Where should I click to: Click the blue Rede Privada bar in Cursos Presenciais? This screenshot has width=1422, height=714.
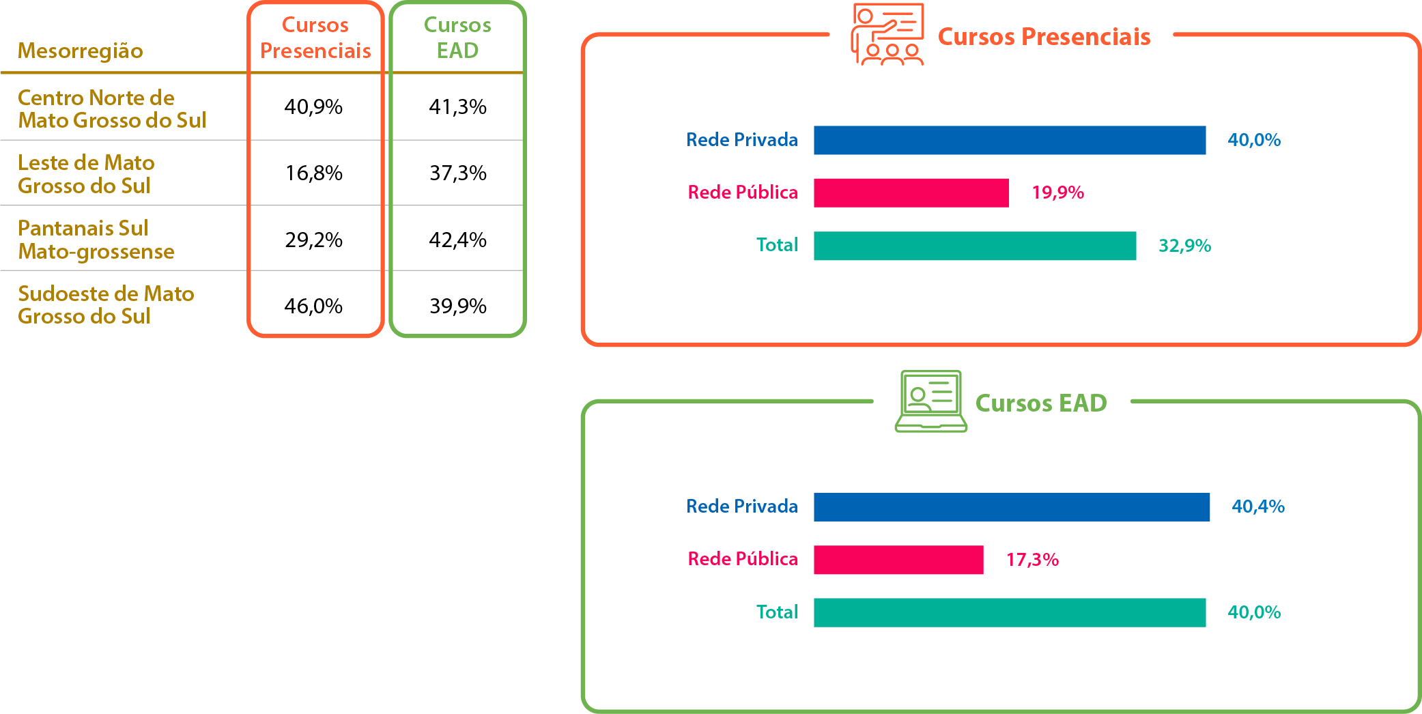[x=1009, y=140]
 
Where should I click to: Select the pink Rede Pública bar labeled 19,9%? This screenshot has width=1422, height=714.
[x=911, y=192]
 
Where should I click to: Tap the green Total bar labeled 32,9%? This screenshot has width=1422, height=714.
[x=974, y=246]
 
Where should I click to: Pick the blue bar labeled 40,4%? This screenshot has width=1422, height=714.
[x=1011, y=507]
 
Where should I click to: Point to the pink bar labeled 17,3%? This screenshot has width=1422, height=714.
[x=898, y=560]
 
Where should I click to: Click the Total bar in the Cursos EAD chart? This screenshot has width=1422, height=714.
[x=1009, y=612]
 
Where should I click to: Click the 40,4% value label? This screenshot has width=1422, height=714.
[x=1257, y=506]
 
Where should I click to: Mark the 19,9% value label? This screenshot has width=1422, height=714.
[x=1057, y=192]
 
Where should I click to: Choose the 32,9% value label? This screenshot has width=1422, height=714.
[x=1184, y=246]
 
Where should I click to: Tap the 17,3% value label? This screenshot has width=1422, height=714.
[x=1032, y=560]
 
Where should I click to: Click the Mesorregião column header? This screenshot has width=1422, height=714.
[x=80, y=51]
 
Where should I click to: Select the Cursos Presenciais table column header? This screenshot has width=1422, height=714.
[x=315, y=38]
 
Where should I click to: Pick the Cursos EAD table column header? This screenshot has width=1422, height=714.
[x=457, y=38]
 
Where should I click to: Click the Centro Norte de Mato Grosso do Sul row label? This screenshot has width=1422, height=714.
[x=112, y=109]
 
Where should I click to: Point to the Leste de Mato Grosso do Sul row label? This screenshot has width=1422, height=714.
[x=86, y=174]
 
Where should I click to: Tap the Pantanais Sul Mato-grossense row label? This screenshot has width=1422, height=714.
[x=96, y=240]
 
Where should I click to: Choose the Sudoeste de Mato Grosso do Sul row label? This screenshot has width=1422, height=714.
[x=106, y=305]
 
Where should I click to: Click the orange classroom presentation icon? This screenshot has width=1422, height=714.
[x=887, y=34]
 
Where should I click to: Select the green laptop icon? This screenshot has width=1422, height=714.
[x=930, y=401]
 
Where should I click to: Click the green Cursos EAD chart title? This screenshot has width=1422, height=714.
[x=1040, y=403]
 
